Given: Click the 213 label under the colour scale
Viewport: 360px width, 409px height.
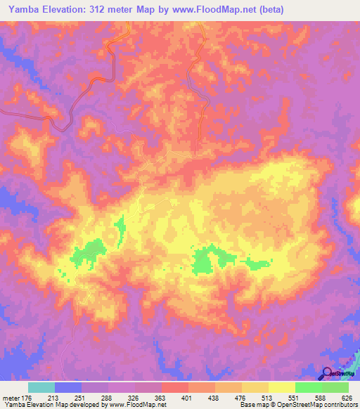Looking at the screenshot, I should (x=56, y=397).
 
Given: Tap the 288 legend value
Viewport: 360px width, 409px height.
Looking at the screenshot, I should (x=108, y=397).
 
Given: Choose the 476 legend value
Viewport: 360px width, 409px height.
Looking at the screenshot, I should (x=241, y=397).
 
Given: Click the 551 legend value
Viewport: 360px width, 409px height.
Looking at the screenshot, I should (x=295, y=397).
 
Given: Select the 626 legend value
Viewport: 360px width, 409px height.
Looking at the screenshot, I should (x=347, y=397).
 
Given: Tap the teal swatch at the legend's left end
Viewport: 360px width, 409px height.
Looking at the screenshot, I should (x=41, y=387).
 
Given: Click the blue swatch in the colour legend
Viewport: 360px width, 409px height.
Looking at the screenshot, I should (x=68, y=387).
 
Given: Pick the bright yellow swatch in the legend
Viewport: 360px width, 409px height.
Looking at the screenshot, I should (x=281, y=387).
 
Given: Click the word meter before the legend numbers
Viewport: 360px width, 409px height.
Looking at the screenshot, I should (x=11, y=397).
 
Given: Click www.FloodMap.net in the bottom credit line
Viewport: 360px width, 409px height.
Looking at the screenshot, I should (x=138, y=405).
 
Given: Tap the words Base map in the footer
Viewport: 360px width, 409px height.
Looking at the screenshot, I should (x=251, y=405).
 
